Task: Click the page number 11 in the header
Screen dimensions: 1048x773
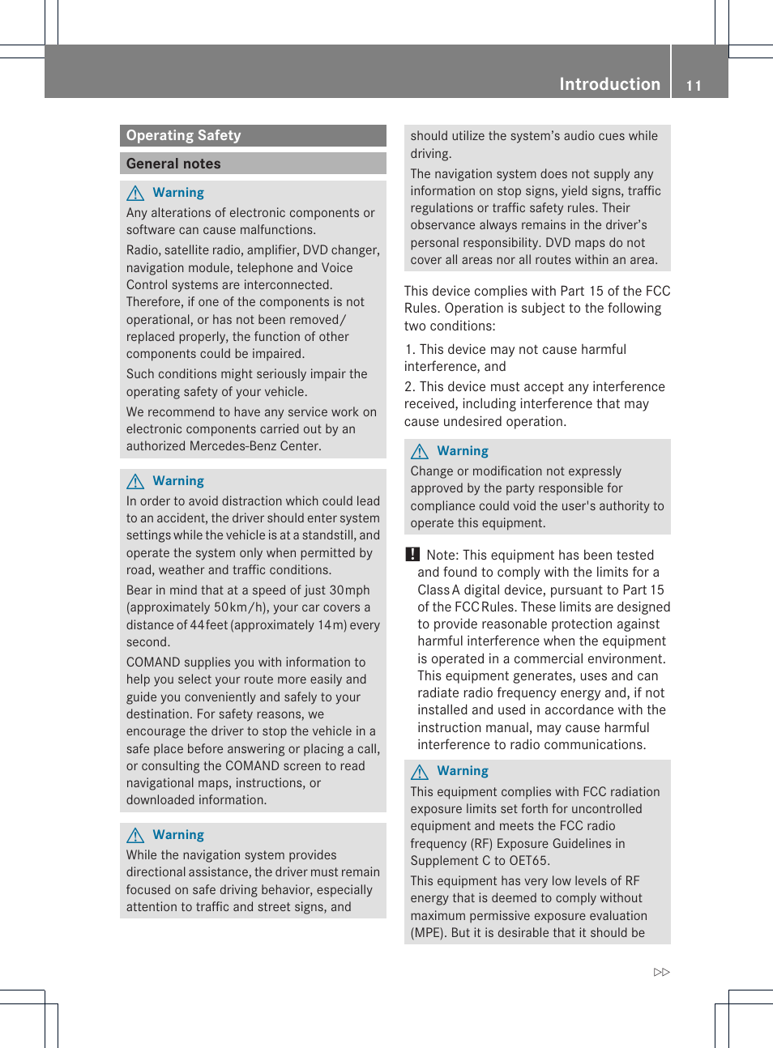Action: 694,86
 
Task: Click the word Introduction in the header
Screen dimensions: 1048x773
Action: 609,84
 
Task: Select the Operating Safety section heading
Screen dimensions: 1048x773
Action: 184,135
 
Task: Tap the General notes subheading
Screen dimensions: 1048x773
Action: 173,164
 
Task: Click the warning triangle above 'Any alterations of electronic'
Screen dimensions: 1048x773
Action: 135,193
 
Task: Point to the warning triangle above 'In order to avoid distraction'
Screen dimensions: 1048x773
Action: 135,481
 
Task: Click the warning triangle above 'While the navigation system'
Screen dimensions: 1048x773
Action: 135,835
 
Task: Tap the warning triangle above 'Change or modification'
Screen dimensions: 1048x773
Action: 420,451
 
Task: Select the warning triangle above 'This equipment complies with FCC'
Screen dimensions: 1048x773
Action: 420,772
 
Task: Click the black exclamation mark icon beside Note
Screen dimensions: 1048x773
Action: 412,555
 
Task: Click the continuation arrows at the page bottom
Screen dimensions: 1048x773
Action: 662,972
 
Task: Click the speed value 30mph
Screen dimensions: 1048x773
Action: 349,590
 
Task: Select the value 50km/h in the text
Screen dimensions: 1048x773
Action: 232,607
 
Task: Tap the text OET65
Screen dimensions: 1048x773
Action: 528,861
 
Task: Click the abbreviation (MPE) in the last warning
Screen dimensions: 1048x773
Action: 427,933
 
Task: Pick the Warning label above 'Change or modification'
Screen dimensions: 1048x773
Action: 463,451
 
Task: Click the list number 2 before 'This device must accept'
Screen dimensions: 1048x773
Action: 409,387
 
